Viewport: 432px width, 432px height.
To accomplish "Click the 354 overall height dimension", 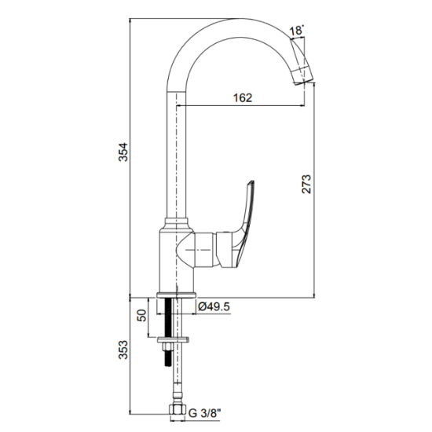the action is tap(123, 152).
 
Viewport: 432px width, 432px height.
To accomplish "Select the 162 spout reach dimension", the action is tap(243, 98).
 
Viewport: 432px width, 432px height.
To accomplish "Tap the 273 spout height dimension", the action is tap(306, 184).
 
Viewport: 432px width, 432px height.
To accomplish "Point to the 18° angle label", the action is tap(296, 30).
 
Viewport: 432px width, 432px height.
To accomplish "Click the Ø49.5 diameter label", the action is tap(214, 306).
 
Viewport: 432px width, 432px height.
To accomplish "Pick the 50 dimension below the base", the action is tap(141, 316).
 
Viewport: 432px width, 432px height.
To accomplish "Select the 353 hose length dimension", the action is tap(123, 350).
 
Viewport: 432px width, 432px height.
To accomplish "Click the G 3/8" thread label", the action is tap(205, 413).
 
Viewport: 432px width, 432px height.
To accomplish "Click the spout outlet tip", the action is tap(304, 76).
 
